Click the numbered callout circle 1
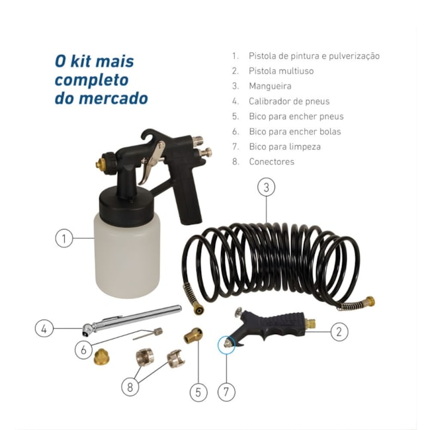tap(64, 238)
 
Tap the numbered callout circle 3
tap(266, 187)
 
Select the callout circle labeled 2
tap(339, 331)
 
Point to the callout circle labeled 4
tap(44, 327)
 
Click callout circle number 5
tap(198, 392)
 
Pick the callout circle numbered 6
tap(83, 349)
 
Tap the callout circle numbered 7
tap(226, 392)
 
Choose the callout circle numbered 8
tap(130, 387)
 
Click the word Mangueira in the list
tap(270, 86)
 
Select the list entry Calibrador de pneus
tap(288, 101)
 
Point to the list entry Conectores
tap(271, 161)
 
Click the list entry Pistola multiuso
tap(281, 71)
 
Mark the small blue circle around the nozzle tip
tap(227, 344)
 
